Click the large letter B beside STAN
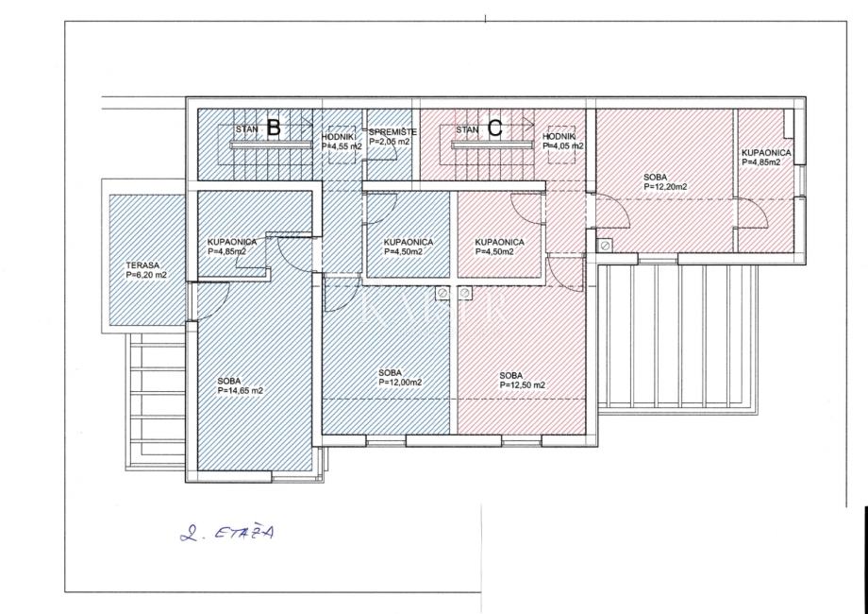[274, 128]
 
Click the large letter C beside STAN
[495, 128]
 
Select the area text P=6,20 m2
[146, 275]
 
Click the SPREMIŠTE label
[392, 132]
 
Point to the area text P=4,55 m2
[342, 146]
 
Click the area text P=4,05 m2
[563, 146]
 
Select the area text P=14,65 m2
[241, 391]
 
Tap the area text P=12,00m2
[400, 383]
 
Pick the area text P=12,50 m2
[523, 385]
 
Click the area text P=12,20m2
[665, 187]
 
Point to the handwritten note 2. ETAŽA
[227, 533]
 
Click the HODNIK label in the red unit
[559, 137]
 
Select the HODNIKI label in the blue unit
[338, 137]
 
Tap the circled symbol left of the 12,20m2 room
[606, 245]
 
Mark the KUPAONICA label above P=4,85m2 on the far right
[766, 153]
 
